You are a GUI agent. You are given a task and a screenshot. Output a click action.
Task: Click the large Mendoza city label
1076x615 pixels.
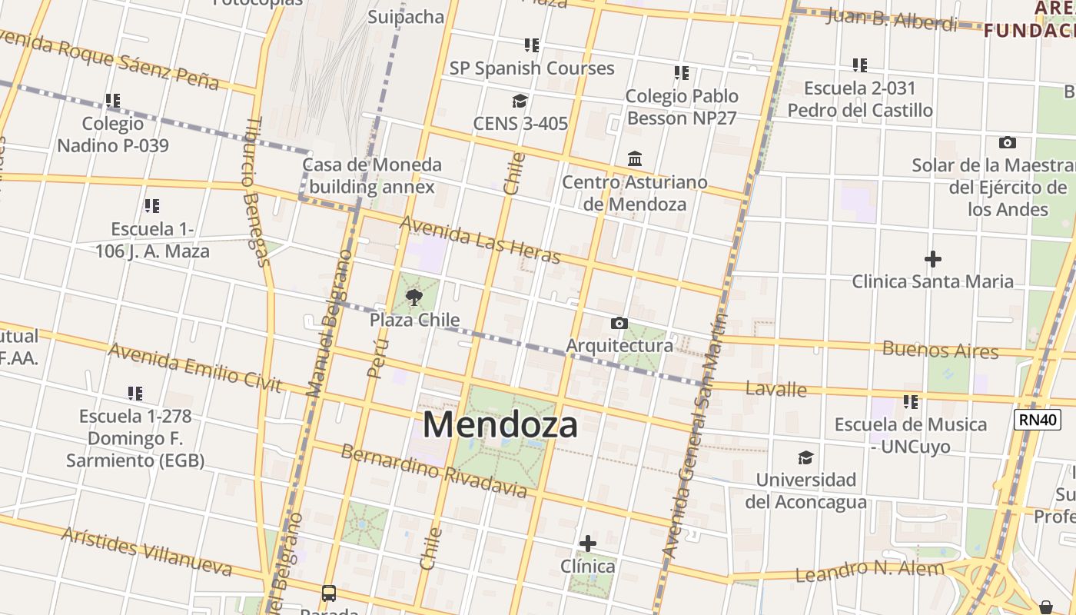500,424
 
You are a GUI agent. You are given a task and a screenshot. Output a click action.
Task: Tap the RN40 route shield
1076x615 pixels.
1038,420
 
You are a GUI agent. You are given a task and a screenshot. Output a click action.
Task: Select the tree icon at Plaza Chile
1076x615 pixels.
414,298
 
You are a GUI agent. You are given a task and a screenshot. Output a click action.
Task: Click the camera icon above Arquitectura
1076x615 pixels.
619,324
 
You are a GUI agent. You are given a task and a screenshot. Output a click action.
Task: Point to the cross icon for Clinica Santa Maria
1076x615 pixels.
932,259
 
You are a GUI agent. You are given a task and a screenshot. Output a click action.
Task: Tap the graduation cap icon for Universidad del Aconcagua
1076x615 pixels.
805,458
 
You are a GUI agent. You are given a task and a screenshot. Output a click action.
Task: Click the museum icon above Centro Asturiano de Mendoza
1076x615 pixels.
635,159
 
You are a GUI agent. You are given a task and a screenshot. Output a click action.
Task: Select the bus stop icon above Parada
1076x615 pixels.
329,593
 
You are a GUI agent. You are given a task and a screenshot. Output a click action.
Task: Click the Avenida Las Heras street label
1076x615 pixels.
480,238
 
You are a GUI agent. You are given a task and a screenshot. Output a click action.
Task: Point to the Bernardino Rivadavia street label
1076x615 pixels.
433,470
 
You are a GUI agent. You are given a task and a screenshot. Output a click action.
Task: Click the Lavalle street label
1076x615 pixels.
776,389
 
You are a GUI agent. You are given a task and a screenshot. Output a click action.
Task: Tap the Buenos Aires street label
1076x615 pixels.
940,351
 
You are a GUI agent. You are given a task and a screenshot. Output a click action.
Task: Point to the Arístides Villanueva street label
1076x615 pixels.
146,551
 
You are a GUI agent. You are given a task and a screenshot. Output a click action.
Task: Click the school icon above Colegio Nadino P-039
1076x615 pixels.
113,101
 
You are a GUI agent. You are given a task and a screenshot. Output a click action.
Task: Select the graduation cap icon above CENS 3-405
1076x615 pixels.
520,101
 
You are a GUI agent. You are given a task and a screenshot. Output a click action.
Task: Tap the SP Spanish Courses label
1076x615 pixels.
532,68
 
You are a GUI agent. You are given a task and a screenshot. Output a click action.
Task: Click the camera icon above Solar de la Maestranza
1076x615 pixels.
1007,143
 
